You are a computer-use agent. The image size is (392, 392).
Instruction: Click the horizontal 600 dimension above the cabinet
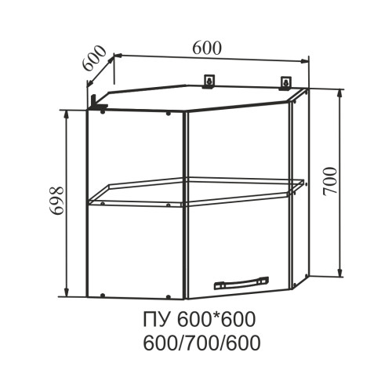click(207, 48)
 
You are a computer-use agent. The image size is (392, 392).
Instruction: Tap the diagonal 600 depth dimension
click(94, 58)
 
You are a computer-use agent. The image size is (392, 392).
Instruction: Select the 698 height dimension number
click(56, 201)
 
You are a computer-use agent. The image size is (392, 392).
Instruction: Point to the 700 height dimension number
click(330, 182)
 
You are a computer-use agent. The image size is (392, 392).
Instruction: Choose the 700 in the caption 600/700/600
click(201, 343)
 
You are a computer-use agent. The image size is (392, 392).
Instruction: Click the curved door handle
click(241, 282)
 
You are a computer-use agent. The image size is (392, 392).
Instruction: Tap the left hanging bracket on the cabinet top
click(209, 82)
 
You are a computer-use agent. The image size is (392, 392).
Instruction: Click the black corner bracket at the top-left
click(97, 103)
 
